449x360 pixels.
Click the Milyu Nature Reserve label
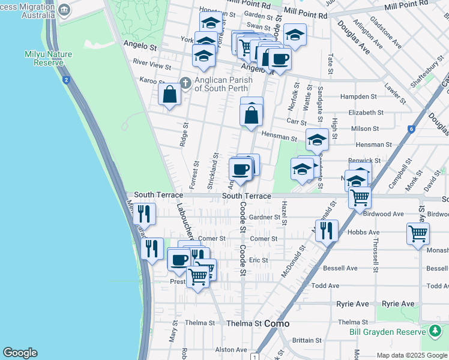click(48, 58)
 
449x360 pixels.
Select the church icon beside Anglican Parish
click(185, 83)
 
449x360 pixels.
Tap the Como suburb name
click(277, 323)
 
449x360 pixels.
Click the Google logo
click(20, 353)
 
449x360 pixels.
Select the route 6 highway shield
click(411, 129)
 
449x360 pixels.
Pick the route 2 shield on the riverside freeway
click(65, 80)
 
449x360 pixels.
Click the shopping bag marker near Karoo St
click(170, 94)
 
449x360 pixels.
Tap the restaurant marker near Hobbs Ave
click(326, 229)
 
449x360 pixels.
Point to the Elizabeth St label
click(366, 112)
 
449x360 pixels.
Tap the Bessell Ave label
click(340, 268)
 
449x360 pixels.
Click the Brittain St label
click(307, 340)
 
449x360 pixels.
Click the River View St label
click(152, 62)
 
